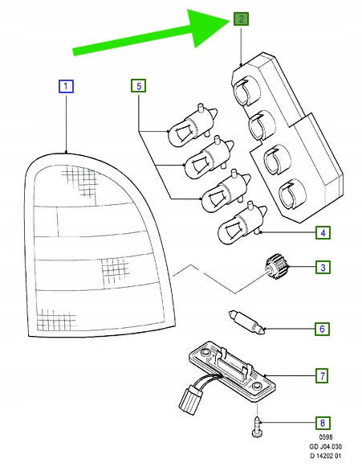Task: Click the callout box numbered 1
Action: pos(66,86)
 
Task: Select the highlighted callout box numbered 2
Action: pos(241,18)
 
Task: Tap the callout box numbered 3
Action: pos(323,267)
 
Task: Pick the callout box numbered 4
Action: pos(323,232)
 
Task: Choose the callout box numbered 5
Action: pos(139,86)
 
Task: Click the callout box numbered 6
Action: pos(323,329)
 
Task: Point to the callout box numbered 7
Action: pos(323,375)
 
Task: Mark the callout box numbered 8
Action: pos(323,423)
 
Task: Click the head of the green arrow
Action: pos(208,27)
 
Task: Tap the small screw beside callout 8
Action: pos(257,427)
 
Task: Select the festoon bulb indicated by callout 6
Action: pos(246,322)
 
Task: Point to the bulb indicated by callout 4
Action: pos(242,223)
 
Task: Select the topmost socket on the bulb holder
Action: pos(246,92)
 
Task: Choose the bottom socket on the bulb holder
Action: pos(291,195)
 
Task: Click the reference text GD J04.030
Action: pos(325,446)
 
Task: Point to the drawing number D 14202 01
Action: pos(326,456)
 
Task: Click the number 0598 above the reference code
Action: pos(326,437)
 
